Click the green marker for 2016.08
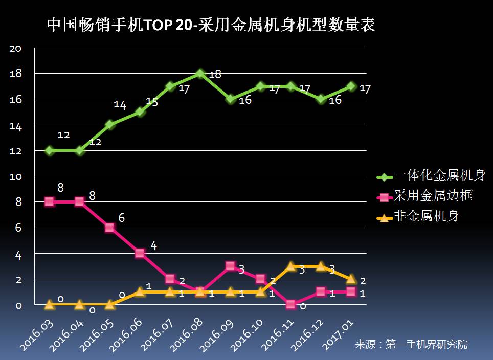200,74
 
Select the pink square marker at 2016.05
109,228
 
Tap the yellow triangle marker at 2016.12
321,266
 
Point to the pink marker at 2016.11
290,305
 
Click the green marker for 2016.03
50,150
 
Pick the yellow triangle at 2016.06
140,291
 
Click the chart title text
211,25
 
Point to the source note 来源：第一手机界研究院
411,345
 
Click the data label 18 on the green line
215,75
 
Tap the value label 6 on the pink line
122,218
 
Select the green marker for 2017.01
351,86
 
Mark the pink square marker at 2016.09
230,266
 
